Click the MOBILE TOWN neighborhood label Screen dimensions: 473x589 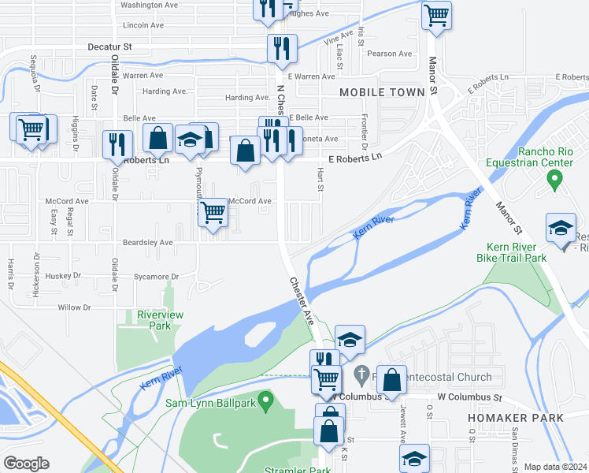point(382,92)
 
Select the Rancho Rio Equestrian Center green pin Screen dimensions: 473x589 point(554,181)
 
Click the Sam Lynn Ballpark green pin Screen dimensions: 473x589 point(266,402)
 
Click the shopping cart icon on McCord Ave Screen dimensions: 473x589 point(213,211)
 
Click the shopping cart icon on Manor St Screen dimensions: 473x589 point(436,14)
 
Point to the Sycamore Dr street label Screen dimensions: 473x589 point(157,277)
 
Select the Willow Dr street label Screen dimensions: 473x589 point(75,307)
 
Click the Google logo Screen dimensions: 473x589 point(26,464)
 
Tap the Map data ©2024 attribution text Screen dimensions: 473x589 point(555,467)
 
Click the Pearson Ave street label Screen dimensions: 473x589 point(389,54)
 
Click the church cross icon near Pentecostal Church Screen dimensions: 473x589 point(361,373)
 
